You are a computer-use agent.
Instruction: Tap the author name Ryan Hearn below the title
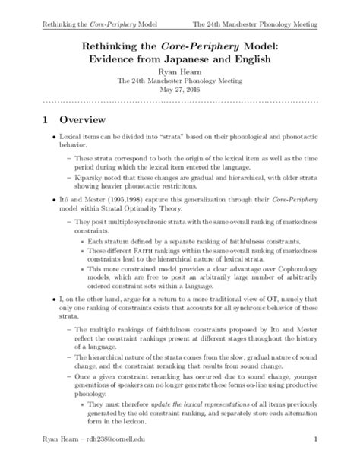[180, 78]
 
